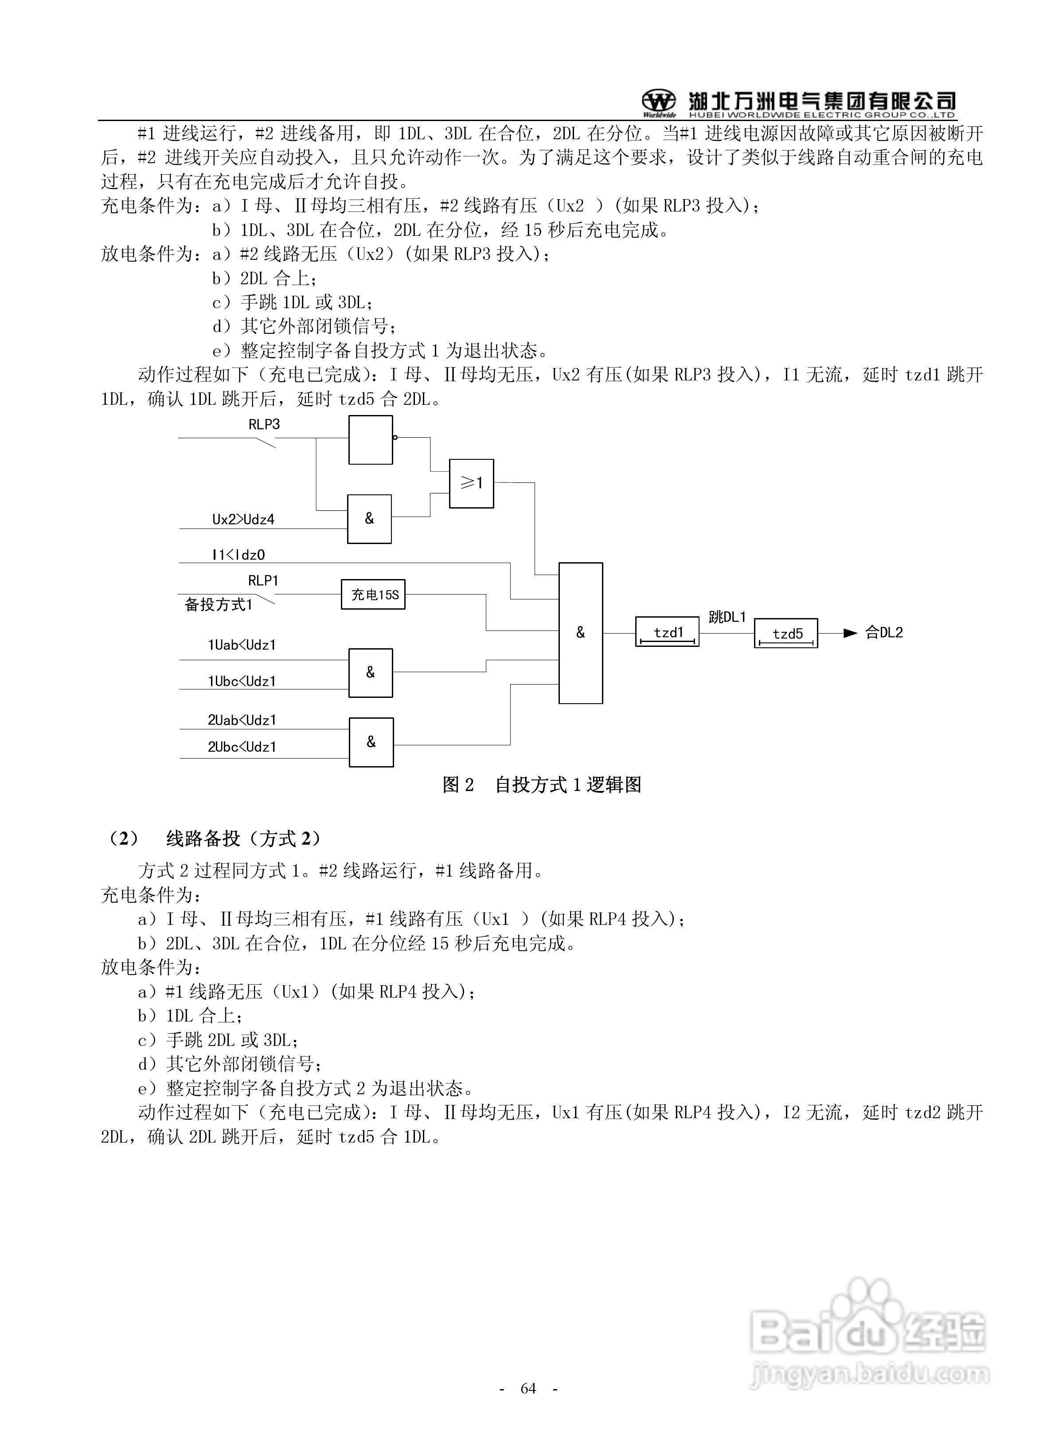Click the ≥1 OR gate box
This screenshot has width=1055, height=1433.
[x=471, y=483]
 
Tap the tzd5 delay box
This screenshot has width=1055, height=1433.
[x=786, y=634]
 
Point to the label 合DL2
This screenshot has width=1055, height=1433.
[x=884, y=633]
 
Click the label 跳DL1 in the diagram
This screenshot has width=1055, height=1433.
[x=727, y=617]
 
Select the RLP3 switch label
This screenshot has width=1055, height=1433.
[x=264, y=425]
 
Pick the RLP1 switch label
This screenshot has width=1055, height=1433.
[x=263, y=580]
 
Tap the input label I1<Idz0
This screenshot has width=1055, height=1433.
[x=238, y=555]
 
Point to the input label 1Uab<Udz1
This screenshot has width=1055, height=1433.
[x=242, y=645]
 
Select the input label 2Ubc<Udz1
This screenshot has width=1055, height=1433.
[x=242, y=747]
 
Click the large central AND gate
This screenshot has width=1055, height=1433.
[x=581, y=633]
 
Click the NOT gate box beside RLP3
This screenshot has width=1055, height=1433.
[x=371, y=440]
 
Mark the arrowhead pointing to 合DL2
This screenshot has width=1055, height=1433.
[x=850, y=634]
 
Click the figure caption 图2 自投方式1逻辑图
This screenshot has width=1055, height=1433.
[x=542, y=785]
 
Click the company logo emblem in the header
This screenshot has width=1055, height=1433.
[x=658, y=101]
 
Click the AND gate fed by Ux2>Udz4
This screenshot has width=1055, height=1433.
[x=369, y=519]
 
